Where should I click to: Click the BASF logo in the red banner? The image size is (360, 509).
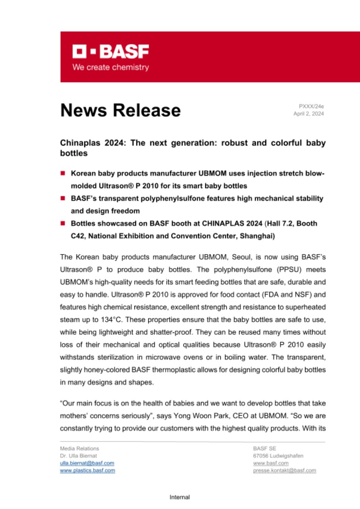111,51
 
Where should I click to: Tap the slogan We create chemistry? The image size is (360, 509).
111,68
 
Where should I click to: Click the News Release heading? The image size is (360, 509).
121,110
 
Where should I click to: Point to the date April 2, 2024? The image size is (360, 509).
309,114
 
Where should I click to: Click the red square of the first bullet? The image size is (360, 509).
63,173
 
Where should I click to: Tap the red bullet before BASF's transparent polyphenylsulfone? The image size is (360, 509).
63,198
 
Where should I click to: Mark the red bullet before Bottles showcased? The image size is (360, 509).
63,223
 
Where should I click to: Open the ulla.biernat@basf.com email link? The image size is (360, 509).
87,463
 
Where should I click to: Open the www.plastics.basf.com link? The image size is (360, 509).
88,470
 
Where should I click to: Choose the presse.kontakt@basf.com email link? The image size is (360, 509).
284,470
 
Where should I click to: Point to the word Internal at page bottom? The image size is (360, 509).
180,497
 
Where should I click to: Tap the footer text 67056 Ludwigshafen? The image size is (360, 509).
278,456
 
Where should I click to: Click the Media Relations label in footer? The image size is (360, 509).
80,449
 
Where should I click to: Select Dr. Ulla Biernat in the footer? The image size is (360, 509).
78,456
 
